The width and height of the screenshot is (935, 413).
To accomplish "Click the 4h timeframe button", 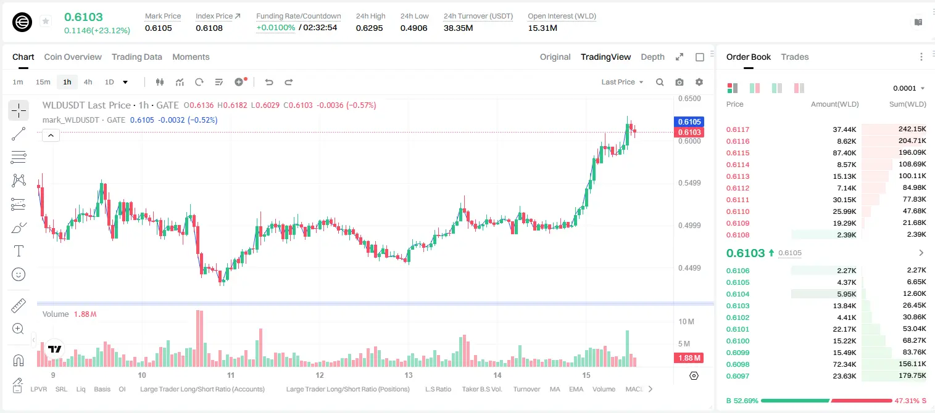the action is pos(88,82).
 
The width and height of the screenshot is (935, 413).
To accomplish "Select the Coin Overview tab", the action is pos(73,57).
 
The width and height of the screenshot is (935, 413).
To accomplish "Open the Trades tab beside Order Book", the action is pos(795,57).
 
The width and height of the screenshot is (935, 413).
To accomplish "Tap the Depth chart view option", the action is pos(652,57).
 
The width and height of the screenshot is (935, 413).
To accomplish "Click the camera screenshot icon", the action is pos(679,82).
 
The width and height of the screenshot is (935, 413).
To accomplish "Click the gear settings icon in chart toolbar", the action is pos(699,82).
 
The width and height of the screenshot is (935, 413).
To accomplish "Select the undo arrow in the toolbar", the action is pos(269,82).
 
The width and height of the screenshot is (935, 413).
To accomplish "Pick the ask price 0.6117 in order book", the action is pos(738,129).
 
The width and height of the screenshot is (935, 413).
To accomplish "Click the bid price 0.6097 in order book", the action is pos(738,376).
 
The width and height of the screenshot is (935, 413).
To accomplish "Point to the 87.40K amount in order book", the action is pos(844,153).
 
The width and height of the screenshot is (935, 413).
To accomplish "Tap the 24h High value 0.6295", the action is pos(370,28).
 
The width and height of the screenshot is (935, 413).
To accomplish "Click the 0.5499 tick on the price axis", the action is pos(689,183).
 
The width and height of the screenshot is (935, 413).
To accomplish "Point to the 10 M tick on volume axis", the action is pos(686,322).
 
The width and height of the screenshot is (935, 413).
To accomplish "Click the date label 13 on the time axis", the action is pos(408,375).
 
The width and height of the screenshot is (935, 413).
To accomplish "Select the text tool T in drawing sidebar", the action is pos(19,251).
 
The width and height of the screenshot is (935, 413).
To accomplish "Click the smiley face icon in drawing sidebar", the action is pos(19,274).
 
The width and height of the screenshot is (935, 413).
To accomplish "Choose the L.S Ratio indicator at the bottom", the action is pos(438,389).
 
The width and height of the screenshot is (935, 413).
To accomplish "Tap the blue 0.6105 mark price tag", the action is pos(689,121).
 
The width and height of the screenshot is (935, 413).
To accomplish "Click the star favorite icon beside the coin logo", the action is pos(46,21).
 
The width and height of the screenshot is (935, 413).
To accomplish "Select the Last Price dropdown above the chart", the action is pos(622,82).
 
